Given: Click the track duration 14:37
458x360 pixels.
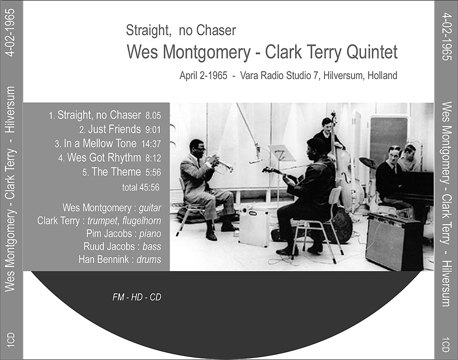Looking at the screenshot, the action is pos(151,144).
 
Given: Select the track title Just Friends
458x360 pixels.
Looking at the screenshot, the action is pos(115,129).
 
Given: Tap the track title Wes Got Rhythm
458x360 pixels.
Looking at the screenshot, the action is pos(104,158).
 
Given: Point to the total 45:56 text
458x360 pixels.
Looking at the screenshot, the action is pos(141,187).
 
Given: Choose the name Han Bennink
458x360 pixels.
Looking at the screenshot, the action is pos(104,259).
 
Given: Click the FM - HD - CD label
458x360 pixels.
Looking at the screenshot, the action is pos(136,297).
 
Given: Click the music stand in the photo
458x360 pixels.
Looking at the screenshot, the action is pos(281,153).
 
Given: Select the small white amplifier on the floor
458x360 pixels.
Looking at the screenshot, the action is pos(253,227).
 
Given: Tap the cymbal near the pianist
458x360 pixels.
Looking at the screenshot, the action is pos(368,163).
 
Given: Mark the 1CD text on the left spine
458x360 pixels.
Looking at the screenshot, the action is pos(11,340).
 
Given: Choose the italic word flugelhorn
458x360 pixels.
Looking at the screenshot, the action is pos(142,221).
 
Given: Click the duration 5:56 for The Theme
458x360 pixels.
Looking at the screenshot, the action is pos(153,173).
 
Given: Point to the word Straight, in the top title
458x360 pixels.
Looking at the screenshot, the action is pos(148,31).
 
